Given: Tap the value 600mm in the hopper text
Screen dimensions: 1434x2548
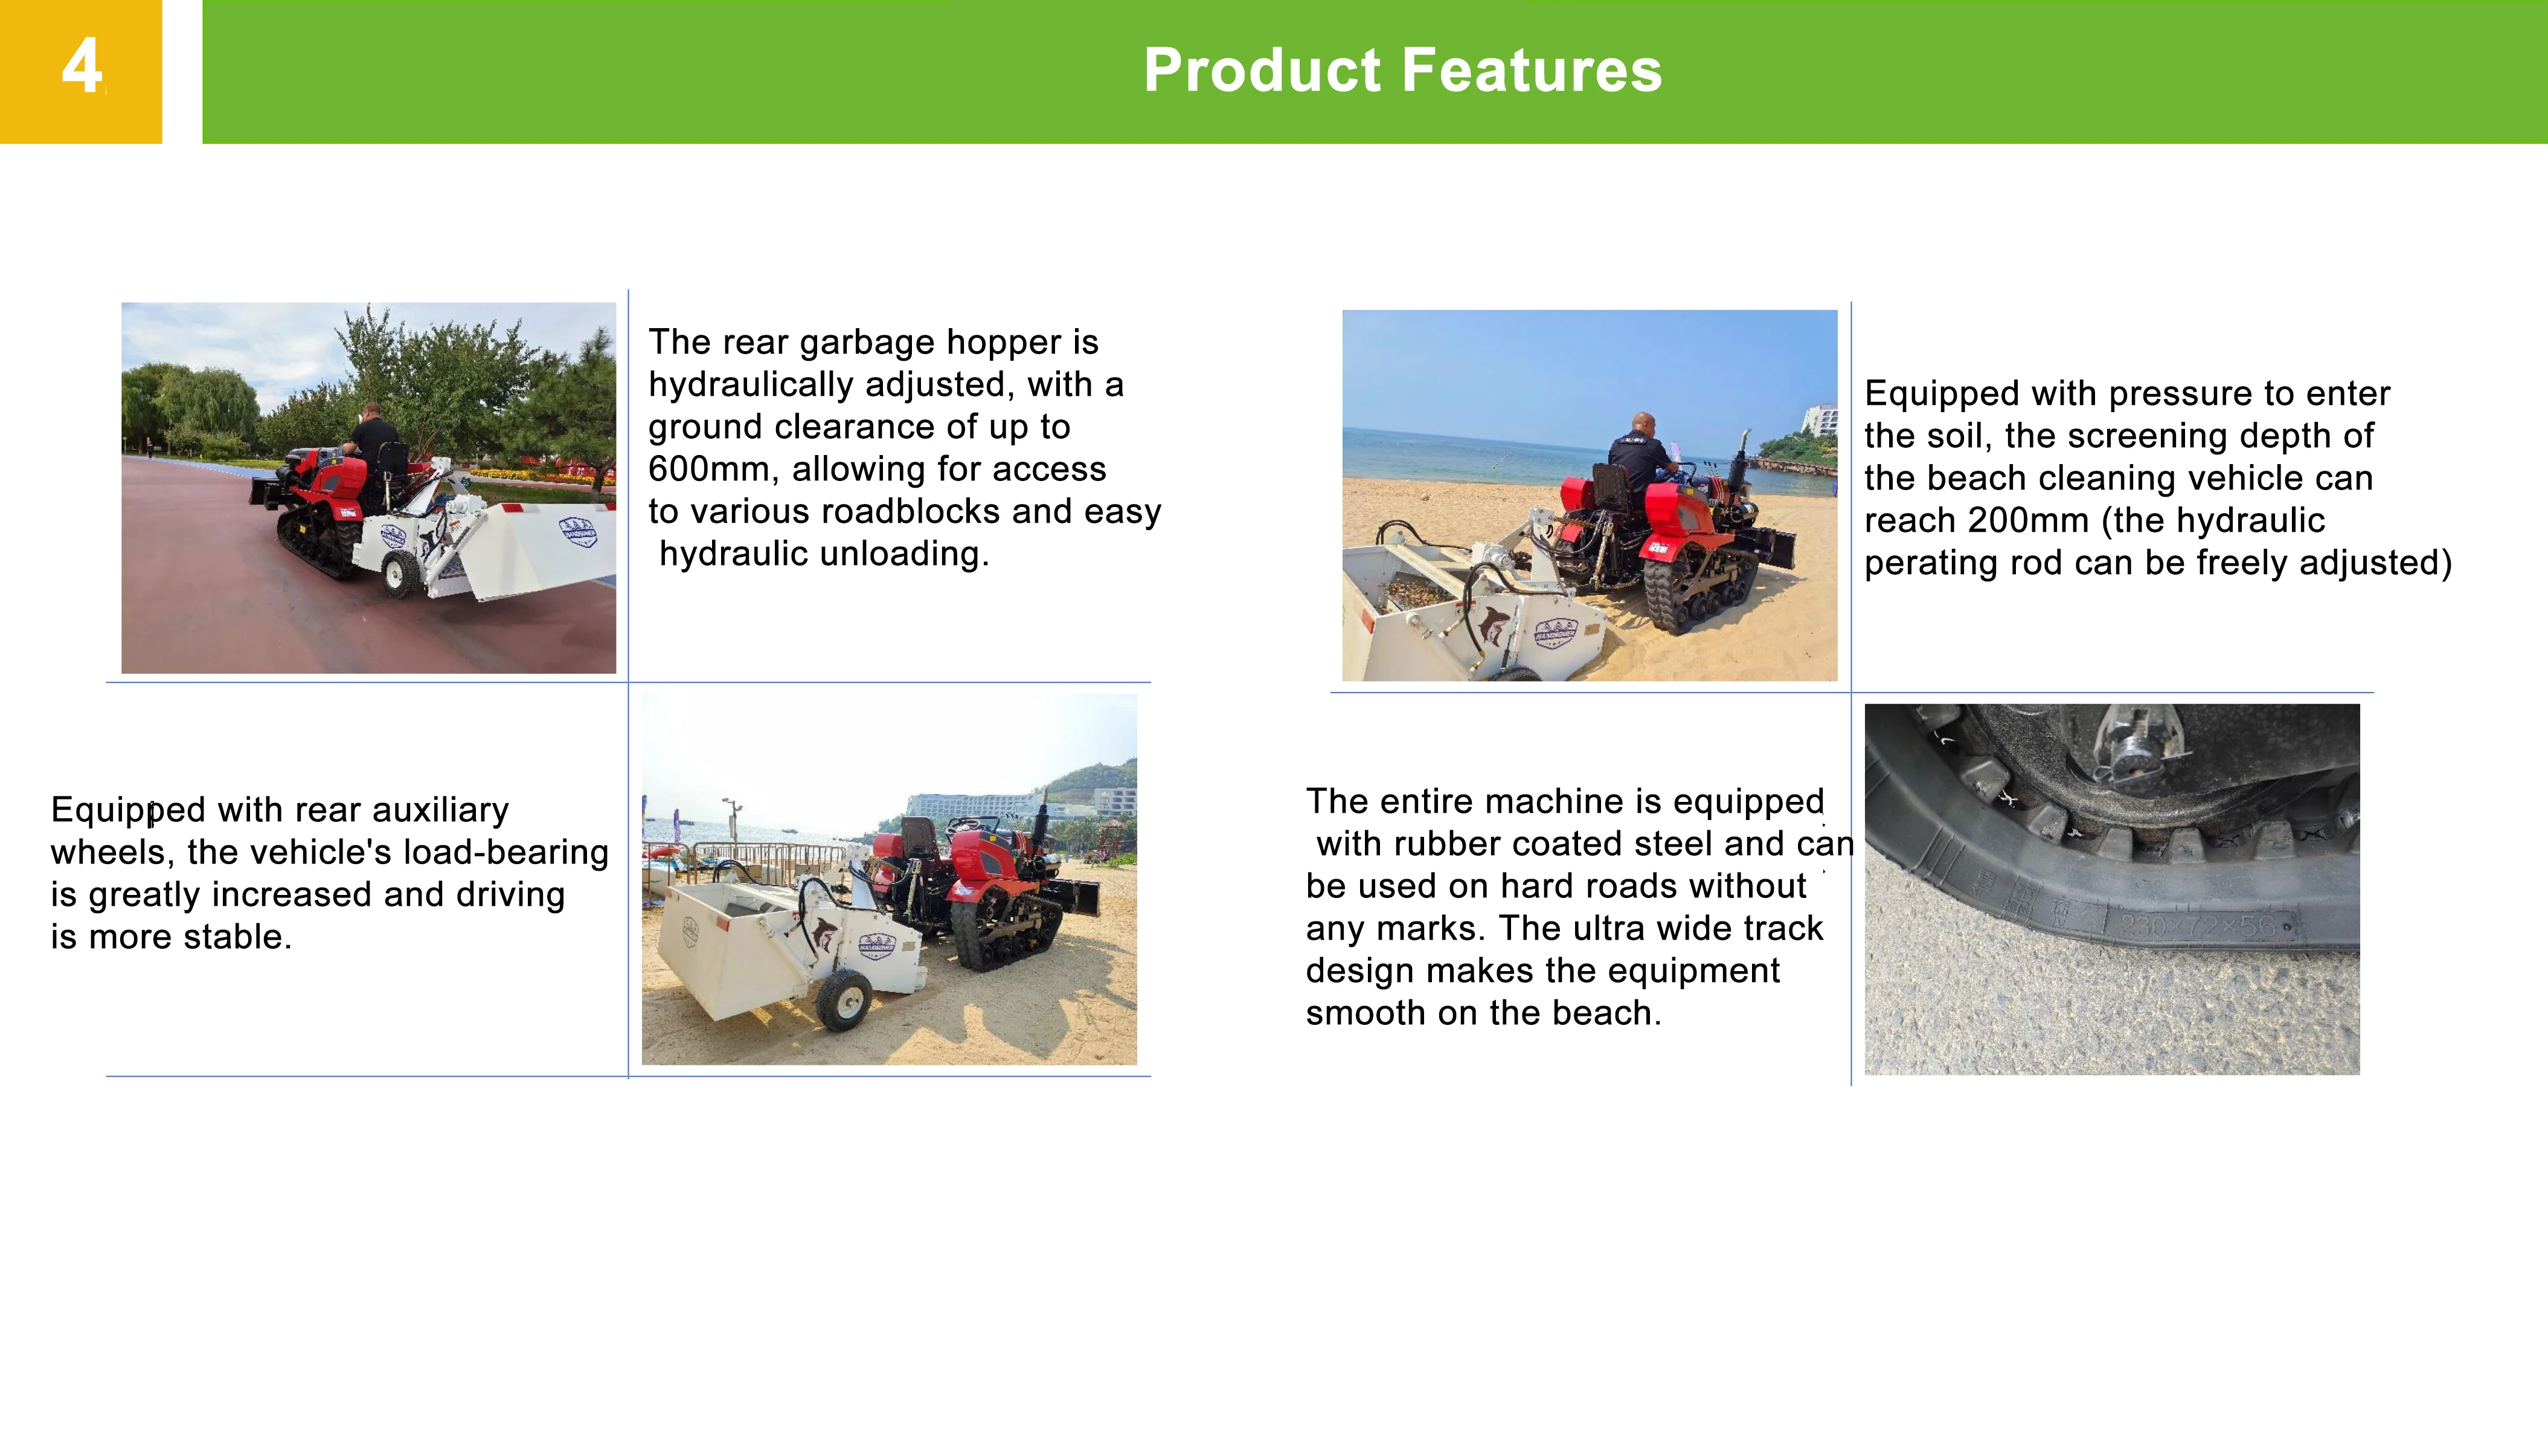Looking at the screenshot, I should point(708,469).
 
